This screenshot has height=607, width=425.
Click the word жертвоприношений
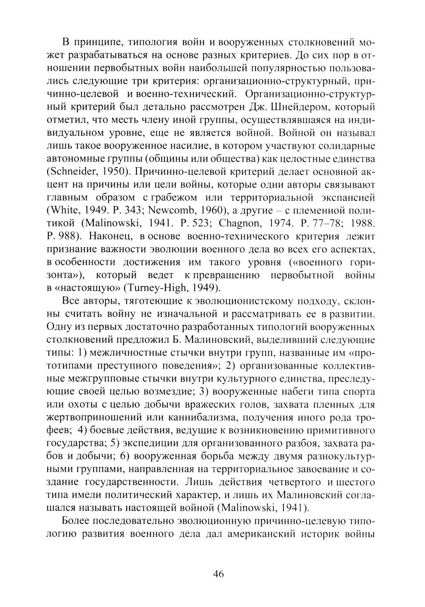pos(88,416)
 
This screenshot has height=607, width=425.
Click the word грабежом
pos(173,197)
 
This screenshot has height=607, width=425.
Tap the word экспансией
pos(344,197)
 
